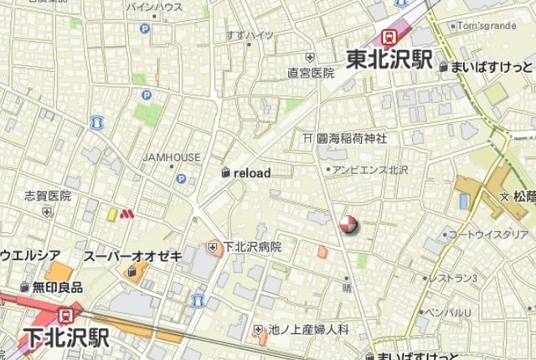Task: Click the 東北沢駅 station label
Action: (x=389, y=60)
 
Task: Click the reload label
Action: (x=251, y=173)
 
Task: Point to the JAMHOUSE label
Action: (x=172, y=157)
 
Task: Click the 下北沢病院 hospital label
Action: (x=251, y=248)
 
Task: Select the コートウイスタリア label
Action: (x=488, y=234)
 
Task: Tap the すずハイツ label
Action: (x=250, y=35)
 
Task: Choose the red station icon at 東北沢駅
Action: (x=389, y=36)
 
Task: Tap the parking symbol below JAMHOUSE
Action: (x=181, y=178)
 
